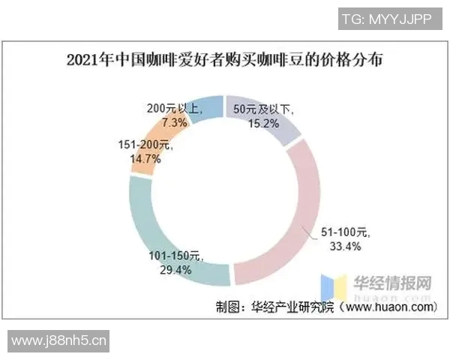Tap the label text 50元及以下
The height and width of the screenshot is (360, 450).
click(266, 109)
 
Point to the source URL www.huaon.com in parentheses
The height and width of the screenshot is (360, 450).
click(391, 307)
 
